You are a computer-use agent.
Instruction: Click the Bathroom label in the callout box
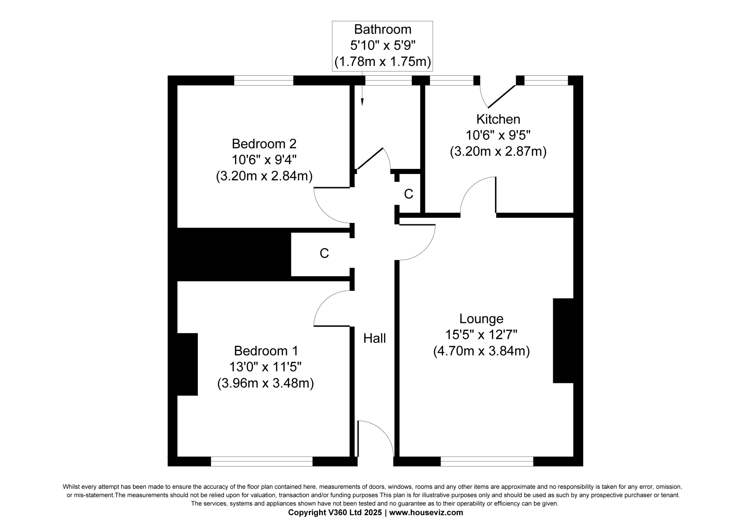(x=383, y=30)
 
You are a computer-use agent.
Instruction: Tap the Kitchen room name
(x=498, y=119)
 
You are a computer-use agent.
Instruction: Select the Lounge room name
(x=481, y=318)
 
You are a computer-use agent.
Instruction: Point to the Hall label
(x=375, y=338)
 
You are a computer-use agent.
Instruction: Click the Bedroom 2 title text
(x=264, y=144)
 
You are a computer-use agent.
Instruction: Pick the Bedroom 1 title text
(x=266, y=351)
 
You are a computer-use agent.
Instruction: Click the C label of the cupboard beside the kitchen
(x=408, y=194)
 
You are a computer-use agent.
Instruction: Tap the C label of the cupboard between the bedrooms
(x=324, y=254)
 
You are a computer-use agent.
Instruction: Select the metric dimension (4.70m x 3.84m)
(x=481, y=351)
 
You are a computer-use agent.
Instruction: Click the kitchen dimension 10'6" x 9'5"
(x=498, y=135)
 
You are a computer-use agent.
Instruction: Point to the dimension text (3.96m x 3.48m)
(x=266, y=383)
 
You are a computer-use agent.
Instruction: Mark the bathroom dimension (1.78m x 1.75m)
(x=383, y=62)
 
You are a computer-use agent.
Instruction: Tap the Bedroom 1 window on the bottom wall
(x=262, y=461)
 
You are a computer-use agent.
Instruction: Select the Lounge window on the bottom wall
(x=487, y=461)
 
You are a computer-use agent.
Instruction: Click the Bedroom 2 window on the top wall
(x=264, y=80)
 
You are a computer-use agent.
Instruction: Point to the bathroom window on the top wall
(x=388, y=80)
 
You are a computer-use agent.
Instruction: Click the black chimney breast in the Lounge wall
(x=564, y=341)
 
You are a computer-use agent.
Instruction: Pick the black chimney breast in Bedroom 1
(x=188, y=364)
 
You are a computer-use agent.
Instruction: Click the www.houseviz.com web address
(x=426, y=513)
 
